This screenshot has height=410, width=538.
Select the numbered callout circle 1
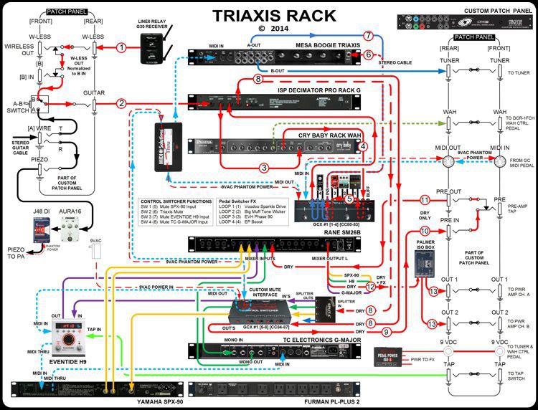click(x=122, y=47)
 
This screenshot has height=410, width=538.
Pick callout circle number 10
click(x=425, y=231)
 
